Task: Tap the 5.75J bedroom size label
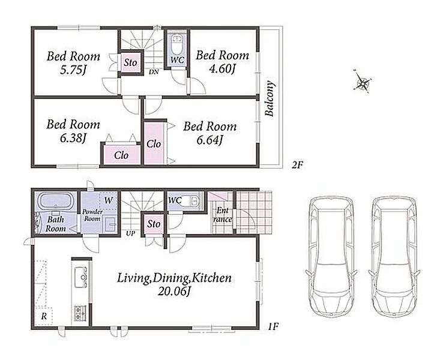tap(73, 70)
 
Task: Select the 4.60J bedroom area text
tap(222, 69)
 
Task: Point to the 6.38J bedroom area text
tap(73, 138)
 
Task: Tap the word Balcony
tap(270, 98)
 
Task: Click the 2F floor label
tap(297, 165)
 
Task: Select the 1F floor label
tap(273, 326)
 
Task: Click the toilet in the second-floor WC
tap(177, 46)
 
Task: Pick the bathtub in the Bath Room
tap(56, 202)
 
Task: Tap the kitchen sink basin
tap(82, 277)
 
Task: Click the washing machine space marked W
tap(107, 200)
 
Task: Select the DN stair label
tap(154, 72)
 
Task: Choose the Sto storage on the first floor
tap(154, 224)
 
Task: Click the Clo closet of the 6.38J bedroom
tap(121, 155)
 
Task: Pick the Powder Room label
tap(92, 215)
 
